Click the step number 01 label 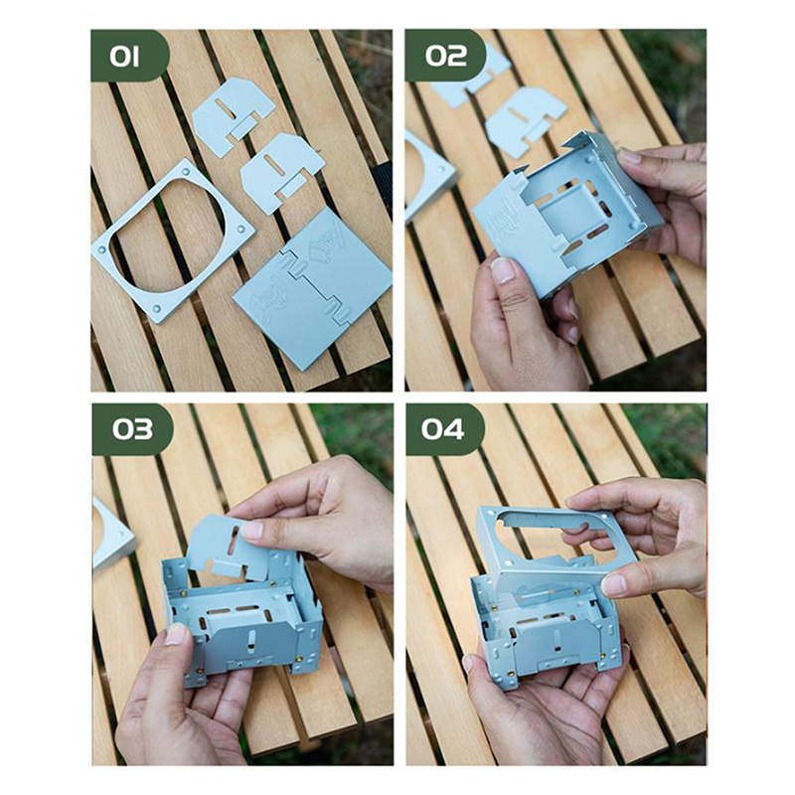(x=124, y=57)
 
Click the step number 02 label (x=445, y=56)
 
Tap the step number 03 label (x=132, y=429)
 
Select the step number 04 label (x=442, y=429)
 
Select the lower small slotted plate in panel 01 (x=281, y=170)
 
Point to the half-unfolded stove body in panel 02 (x=567, y=213)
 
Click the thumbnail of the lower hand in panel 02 (x=503, y=270)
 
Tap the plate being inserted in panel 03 (x=229, y=548)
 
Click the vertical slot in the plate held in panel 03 (x=234, y=541)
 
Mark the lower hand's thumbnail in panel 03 (x=176, y=634)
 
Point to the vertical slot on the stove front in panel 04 (x=556, y=640)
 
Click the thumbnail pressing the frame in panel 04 (x=614, y=585)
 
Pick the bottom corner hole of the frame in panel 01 (x=157, y=308)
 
